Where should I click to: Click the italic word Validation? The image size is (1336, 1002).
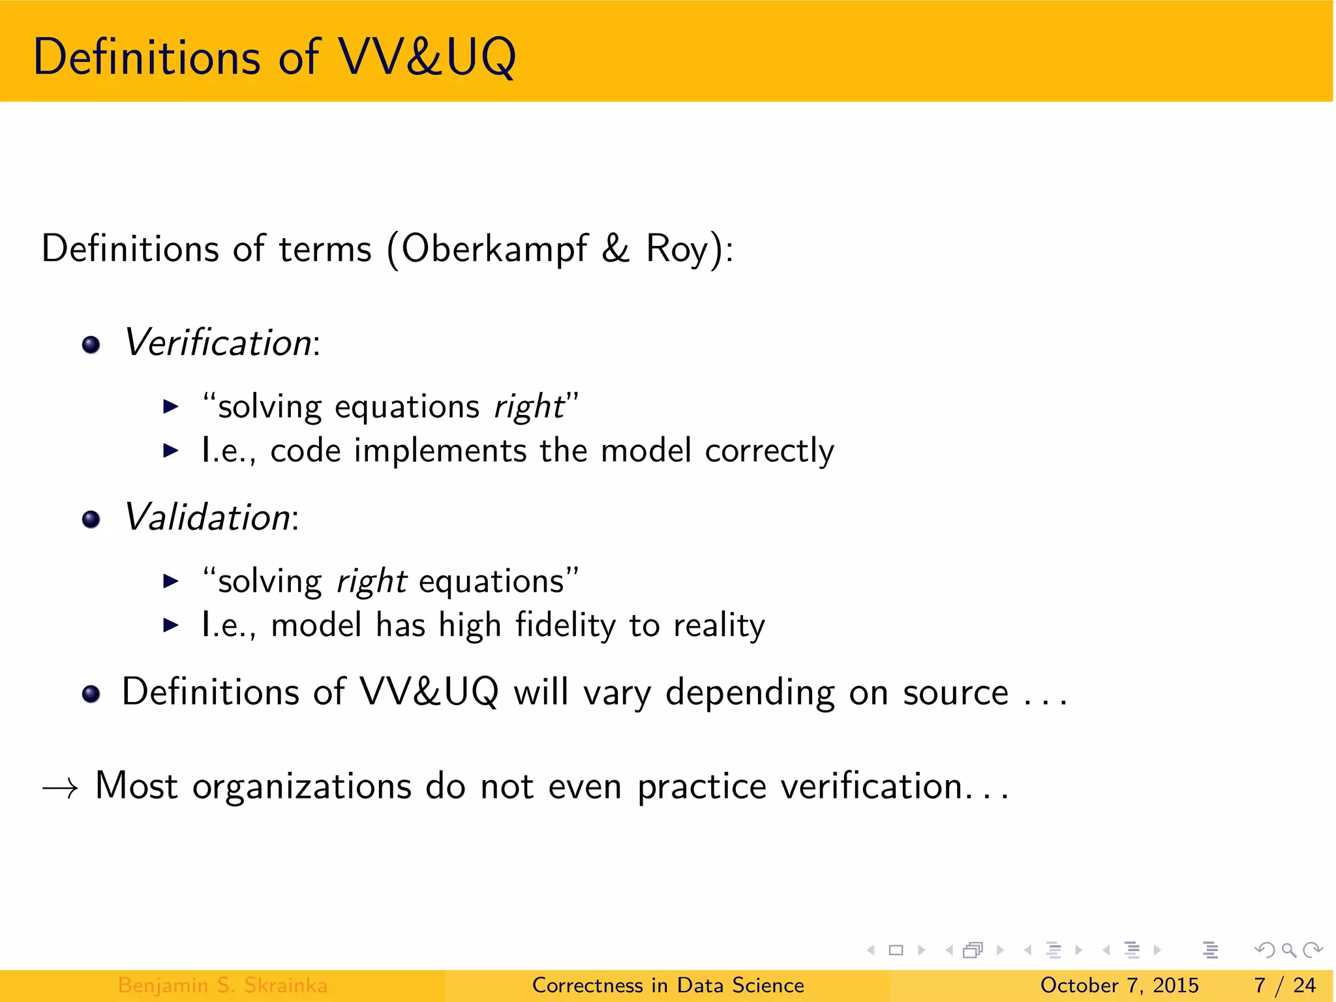[x=207, y=517]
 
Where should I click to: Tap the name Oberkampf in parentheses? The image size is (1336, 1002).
[x=494, y=249]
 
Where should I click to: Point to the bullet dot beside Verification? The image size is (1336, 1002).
[x=91, y=344]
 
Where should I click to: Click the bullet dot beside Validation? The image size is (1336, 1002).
[x=91, y=519]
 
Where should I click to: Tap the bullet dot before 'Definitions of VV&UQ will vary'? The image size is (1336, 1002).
[x=91, y=694]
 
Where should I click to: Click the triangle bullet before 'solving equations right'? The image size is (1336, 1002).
[x=170, y=407]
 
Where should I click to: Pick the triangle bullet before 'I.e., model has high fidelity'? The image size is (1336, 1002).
[x=170, y=626]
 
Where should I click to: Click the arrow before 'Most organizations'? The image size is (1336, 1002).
[x=60, y=788]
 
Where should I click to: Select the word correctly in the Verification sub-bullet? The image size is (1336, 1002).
[x=769, y=451]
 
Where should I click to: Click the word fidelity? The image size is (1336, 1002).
[x=565, y=626]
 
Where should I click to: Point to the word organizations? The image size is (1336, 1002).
[x=301, y=787]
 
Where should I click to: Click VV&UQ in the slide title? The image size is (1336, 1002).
[x=427, y=57]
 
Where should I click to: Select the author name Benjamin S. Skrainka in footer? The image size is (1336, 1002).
[x=222, y=985]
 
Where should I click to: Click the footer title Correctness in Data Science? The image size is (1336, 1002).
[x=668, y=985]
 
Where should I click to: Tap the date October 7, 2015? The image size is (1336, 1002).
[x=1119, y=985]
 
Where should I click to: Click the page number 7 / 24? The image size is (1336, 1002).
[x=1284, y=985]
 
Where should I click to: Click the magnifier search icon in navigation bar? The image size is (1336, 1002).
[x=1288, y=950]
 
